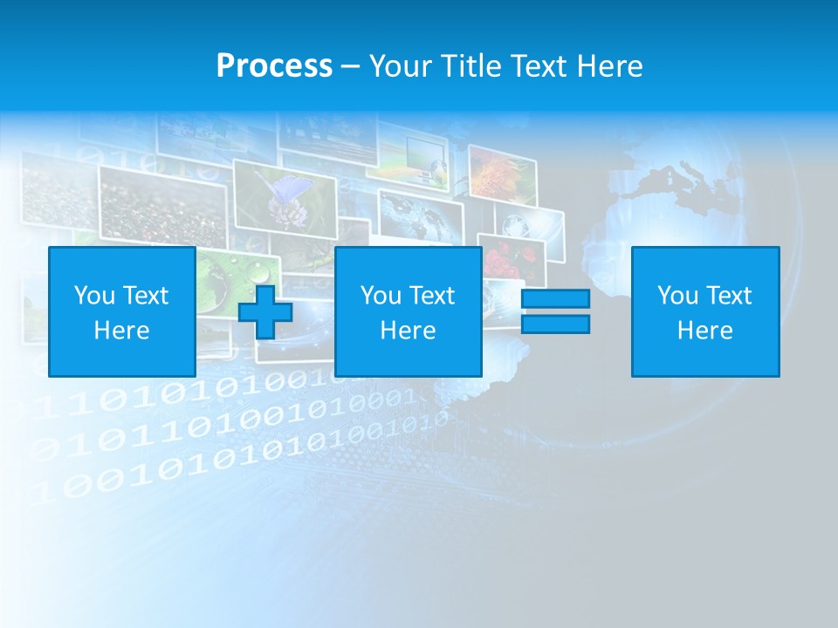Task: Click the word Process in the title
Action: (x=274, y=66)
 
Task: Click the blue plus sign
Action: (x=265, y=311)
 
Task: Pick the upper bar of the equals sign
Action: (x=555, y=299)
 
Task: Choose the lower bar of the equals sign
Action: (x=555, y=324)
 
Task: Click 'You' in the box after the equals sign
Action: (x=677, y=296)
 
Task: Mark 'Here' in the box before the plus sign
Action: (x=121, y=331)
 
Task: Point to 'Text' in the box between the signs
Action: (x=432, y=296)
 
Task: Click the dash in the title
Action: (x=350, y=66)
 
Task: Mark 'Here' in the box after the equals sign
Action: (x=704, y=331)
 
